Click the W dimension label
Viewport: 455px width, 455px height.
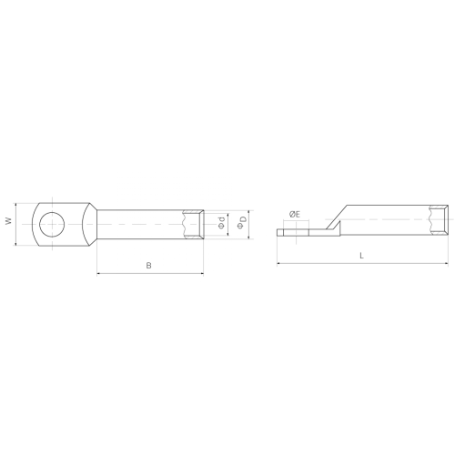(x=9, y=221)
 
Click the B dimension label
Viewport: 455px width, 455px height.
(x=148, y=266)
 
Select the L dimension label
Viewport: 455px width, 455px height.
(x=361, y=256)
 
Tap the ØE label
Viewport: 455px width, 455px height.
(x=295, y=215)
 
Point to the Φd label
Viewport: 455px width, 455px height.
(x=222, y=222)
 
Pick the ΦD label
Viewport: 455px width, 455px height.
(x=242, y=222)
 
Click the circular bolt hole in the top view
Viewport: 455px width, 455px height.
(x=52, y=224)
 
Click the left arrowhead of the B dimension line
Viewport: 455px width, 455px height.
(x=98, y=274)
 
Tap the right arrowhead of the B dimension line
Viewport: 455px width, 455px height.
(x=202, y=274)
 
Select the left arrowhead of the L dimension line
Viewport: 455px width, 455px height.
(x=278, y=264)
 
